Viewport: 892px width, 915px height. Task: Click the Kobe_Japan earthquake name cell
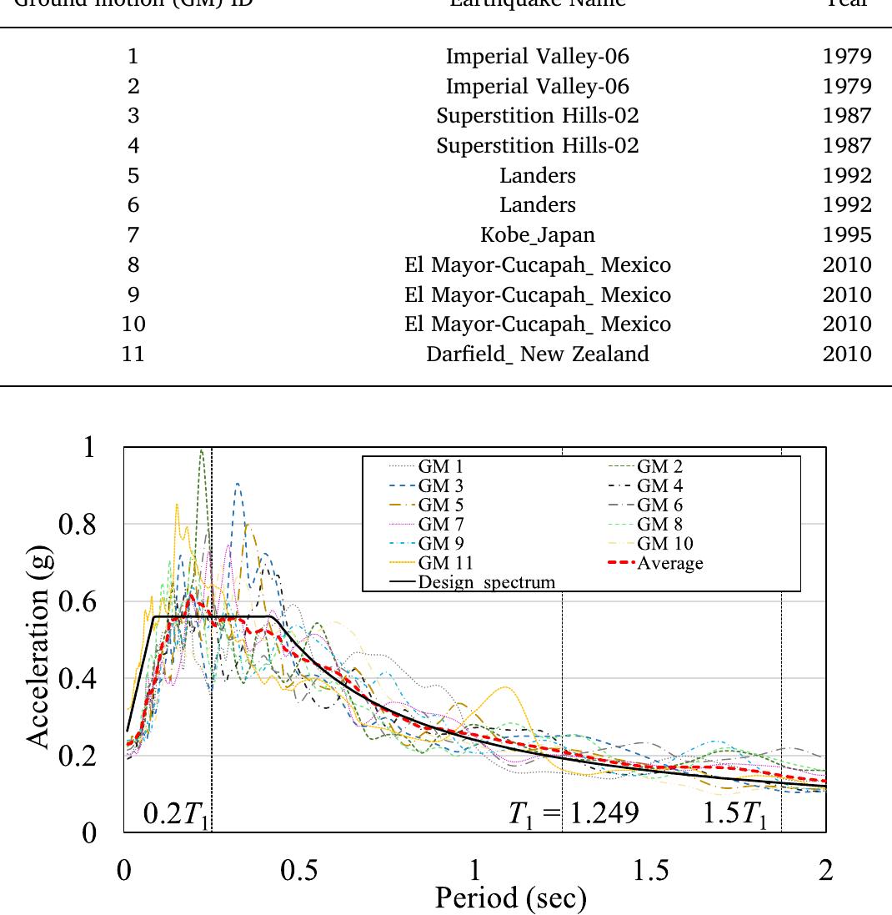[538, 234]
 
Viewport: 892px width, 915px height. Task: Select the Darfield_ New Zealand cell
[538, 354]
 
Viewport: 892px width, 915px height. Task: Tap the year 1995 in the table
[846, 234]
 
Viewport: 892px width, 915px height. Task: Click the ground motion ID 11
[133, 354]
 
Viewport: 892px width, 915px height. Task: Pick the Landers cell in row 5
[538, 175]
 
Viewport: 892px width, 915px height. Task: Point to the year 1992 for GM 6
[846, 205]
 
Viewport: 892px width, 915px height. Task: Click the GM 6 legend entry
[659, 505]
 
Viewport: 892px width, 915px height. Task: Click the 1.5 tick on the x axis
[650, 870]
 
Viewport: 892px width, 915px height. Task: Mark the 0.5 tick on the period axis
[299, 870]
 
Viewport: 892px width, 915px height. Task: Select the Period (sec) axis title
[510, 897]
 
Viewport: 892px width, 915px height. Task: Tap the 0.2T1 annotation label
[174, 814]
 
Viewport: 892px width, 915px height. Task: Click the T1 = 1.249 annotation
[574, 814]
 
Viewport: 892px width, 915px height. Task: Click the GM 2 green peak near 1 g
[201, 453]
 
